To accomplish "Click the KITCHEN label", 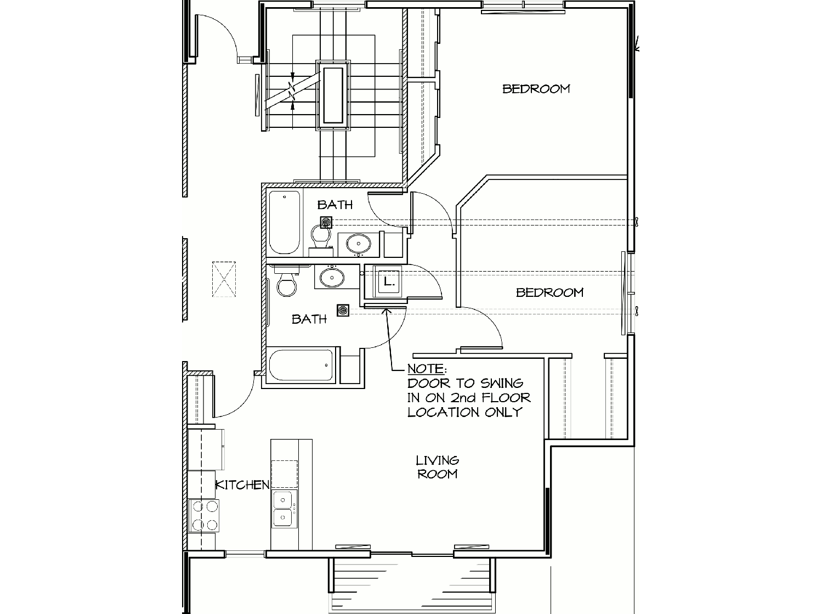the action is [x=242, y=485].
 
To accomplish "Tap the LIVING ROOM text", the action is [x=438, y=467].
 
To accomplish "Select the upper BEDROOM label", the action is [x=536, y=89].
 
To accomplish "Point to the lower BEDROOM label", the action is [x=549, y=292].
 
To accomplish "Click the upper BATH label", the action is [x=335, y=205].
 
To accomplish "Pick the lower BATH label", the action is [x=309, y=319].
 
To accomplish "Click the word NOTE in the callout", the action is [x=426, y=369].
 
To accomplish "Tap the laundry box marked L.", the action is [x=388, y=281].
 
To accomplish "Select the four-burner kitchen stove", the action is [x=204, y=515].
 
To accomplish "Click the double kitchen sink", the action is [x=284, y=509].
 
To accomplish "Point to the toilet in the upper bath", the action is [x=321, y=238].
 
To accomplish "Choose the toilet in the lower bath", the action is [x=286, y=281].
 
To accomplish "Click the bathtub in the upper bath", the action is [x=285, y=223].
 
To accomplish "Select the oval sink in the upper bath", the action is [x=359, y=244].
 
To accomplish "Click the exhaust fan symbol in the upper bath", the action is [x=326, y=223].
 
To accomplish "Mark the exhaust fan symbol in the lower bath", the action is [x=343, y=310].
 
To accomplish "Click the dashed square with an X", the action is [x=224, y=279].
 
